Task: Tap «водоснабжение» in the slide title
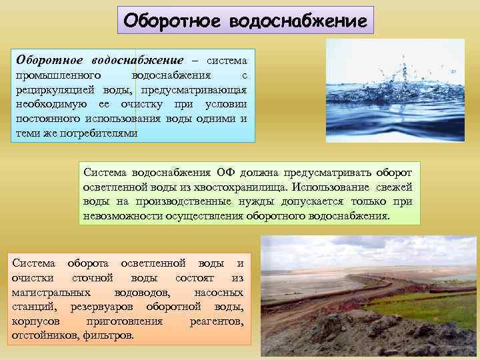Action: (x=297, y=21)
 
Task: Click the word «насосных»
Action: (x=219, y=292)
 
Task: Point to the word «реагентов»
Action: (x=216, y=321)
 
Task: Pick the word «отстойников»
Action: (x=45, y=335)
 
